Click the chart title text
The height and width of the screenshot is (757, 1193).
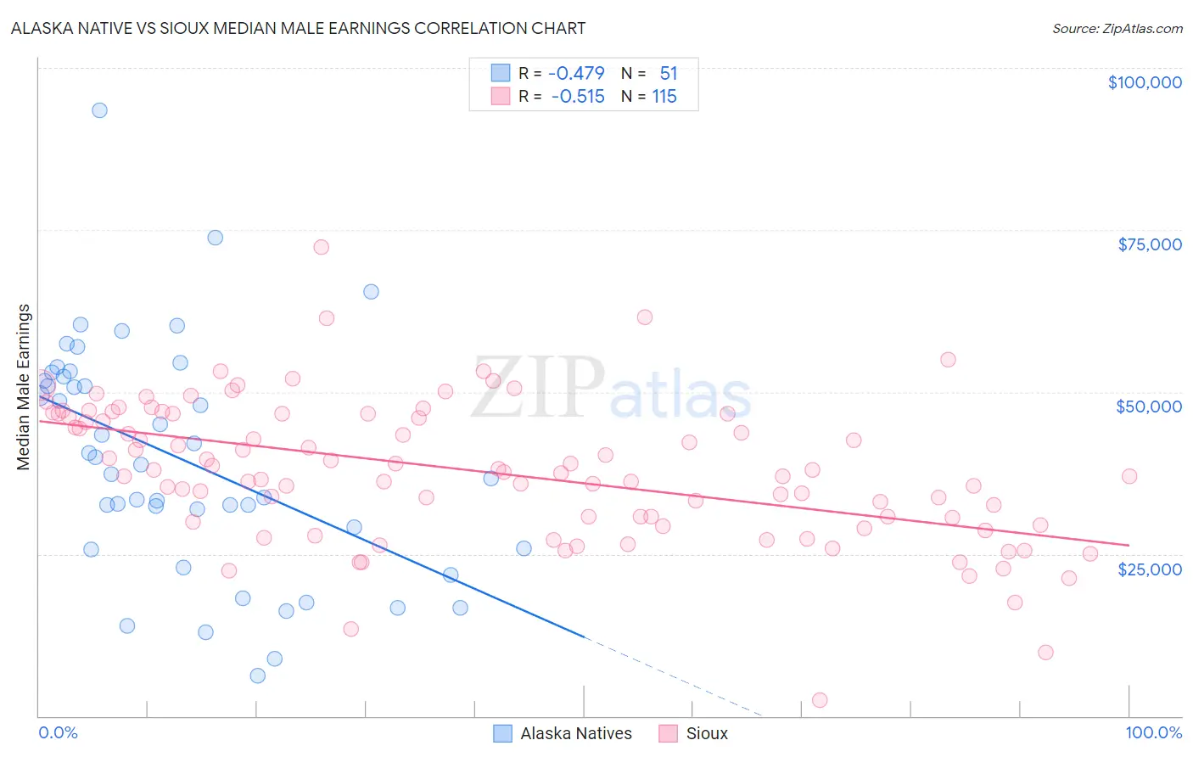click(x=298, y=28)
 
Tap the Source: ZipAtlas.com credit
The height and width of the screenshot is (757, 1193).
click(x=1117, y=28)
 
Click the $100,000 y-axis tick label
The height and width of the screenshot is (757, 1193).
click(x=1145, y=82)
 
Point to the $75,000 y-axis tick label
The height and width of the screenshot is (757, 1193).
click(x=1150, y=244)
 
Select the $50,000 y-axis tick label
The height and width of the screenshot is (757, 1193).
click(x=1149, y=407)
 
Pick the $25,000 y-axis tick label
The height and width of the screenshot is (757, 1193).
click(x=1150, y=569)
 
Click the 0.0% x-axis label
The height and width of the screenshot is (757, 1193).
click(x=58, y=732)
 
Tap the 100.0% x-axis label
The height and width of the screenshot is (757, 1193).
click(x=1153, y=732)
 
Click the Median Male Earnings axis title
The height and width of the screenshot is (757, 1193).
click(x=24, y=387)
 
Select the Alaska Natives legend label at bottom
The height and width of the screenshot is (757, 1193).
click(x=576, y=733)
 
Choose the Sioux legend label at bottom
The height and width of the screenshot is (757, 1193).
click(x=707, y=733)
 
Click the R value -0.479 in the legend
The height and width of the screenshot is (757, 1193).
click(x=577, y=74)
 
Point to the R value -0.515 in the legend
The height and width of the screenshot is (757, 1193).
click(x=577, y=97)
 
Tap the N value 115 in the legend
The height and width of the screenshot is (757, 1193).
click(x=664, y=97)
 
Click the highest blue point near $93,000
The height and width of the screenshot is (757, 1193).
click(x=99, y=110)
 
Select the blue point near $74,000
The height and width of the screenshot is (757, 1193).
click(x=216, y=238)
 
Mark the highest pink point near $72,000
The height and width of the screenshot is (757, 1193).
click(x=321, y=247)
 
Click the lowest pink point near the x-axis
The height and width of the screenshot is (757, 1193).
click(x=820, y=700)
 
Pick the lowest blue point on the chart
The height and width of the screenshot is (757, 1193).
click(x=258, y=676)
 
